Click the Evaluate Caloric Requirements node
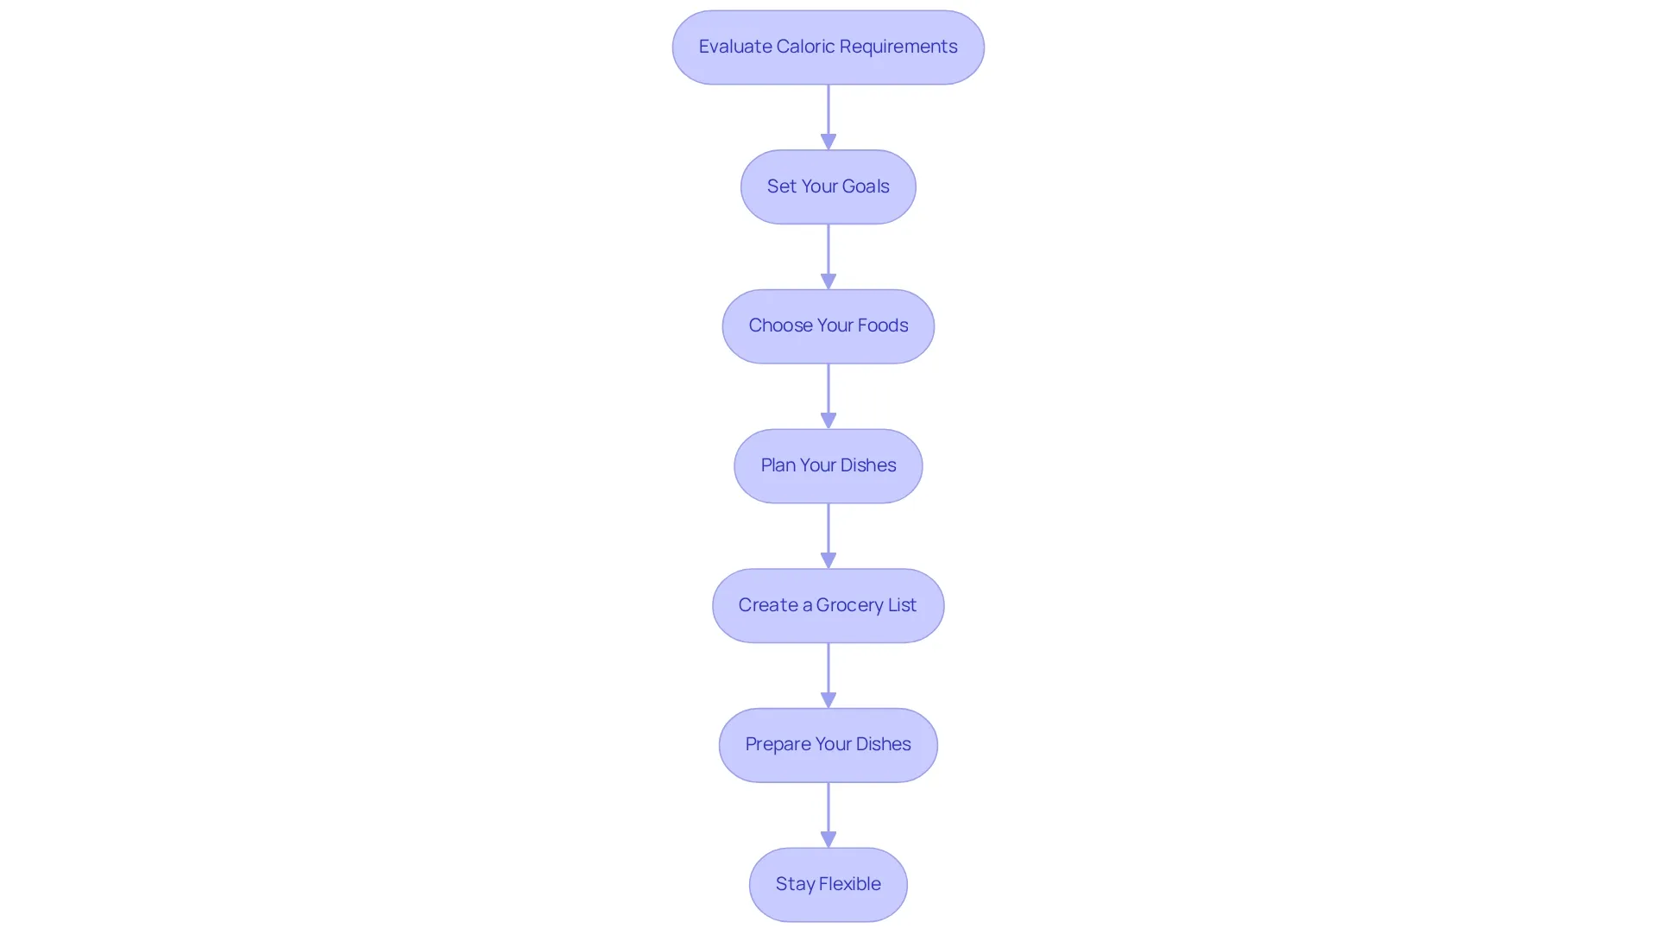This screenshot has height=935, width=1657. (828, 47)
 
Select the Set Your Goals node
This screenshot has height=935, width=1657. (828, 186)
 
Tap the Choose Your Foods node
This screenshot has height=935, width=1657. (828, 326)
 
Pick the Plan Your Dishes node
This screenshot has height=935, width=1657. (828, 466)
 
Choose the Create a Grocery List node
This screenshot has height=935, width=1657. (828, 605)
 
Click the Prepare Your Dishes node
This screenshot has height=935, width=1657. (828, 745)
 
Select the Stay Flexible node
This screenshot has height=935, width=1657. (828, 885)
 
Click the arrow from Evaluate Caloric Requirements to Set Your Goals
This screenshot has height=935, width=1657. (828, 117)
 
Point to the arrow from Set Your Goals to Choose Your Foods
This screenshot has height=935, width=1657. (828, 257)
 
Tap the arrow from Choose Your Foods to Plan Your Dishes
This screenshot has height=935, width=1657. (828, 396)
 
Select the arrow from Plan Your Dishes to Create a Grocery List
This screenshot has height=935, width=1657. (828, 536)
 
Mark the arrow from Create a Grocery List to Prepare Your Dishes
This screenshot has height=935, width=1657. (828, 676)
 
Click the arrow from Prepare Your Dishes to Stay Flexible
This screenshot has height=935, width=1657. (828, 815)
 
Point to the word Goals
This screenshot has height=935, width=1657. (866, 186)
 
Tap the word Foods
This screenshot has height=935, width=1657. (883, 325)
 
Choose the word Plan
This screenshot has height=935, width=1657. (778, 465)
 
